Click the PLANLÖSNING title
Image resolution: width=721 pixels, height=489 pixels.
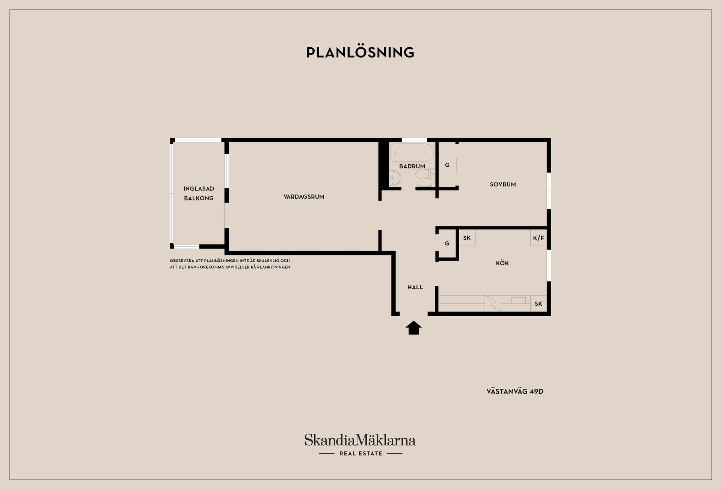click(x=360, y=53)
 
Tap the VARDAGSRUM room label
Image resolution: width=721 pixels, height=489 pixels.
click(x=304, y=196)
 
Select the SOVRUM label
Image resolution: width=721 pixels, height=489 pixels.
click(x=503, y=184)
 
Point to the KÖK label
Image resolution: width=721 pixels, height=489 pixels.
click(x=502, y=263)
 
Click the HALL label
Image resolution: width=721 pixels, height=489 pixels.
click(x=415, y=287)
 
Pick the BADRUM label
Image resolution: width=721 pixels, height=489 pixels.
click(x=412, y=166)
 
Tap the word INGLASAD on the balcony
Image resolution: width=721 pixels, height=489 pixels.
click(x=199, y=189)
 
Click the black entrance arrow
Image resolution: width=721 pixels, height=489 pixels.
click(x=413, y=328)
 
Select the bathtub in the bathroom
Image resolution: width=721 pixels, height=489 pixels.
click(x=412, y=152)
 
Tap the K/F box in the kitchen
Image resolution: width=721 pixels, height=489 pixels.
click(x=538, y=238)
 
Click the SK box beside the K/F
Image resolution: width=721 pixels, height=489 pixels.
click(x=467, y=238)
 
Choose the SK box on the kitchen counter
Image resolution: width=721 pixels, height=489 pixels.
click(x=538, y=303)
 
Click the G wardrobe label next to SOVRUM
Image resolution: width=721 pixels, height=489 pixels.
click(x=447, y=165)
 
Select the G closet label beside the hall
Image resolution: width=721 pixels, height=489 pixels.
click(x=447, y=243)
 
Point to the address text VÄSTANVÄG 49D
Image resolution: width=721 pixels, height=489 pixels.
click(x=515, y=391)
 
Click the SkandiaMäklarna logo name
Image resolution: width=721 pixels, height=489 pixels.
click(x=360, y=440)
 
